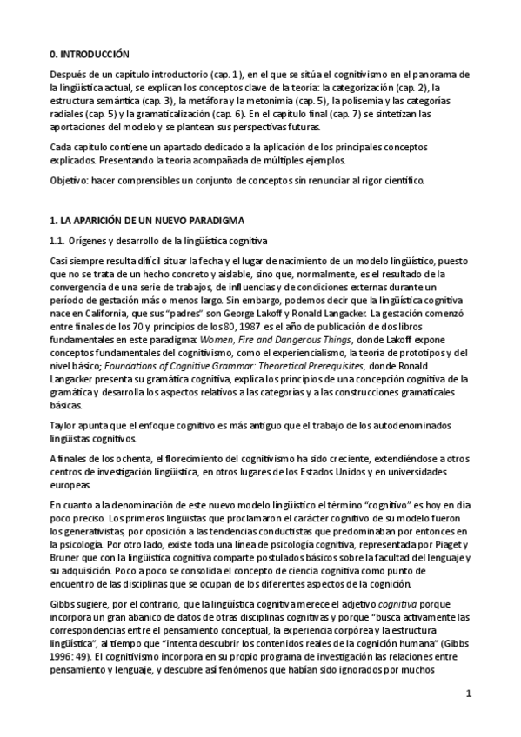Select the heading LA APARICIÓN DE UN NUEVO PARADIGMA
151,221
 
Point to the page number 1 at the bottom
468,694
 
